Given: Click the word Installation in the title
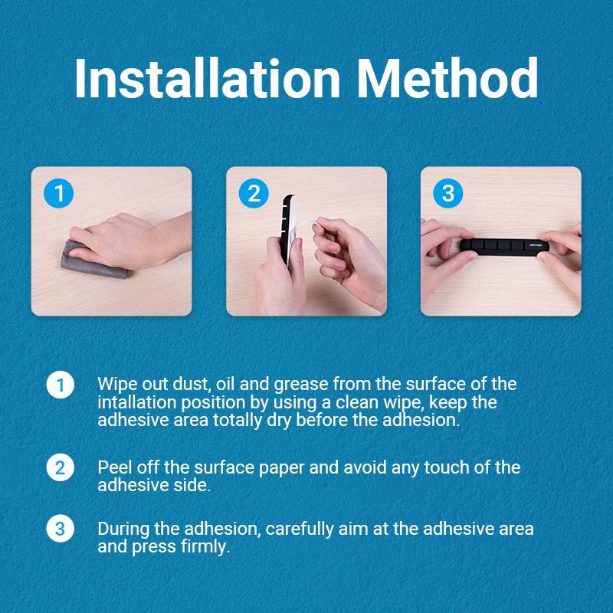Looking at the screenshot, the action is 207,78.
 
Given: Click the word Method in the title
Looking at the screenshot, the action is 447,78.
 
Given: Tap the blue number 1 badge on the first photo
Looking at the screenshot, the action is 59,193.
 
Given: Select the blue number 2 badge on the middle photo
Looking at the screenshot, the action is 254,193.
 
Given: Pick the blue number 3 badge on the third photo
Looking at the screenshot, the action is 448,193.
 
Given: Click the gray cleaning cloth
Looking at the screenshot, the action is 90,262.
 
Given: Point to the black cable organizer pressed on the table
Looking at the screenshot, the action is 504,246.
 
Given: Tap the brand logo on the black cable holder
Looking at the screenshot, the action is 536,245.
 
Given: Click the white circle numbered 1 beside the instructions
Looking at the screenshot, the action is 61,385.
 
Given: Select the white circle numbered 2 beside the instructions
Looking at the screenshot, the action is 61,467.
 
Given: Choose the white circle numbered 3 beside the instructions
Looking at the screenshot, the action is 61,529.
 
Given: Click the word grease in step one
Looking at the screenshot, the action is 300,385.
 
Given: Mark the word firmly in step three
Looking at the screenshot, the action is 205,547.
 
